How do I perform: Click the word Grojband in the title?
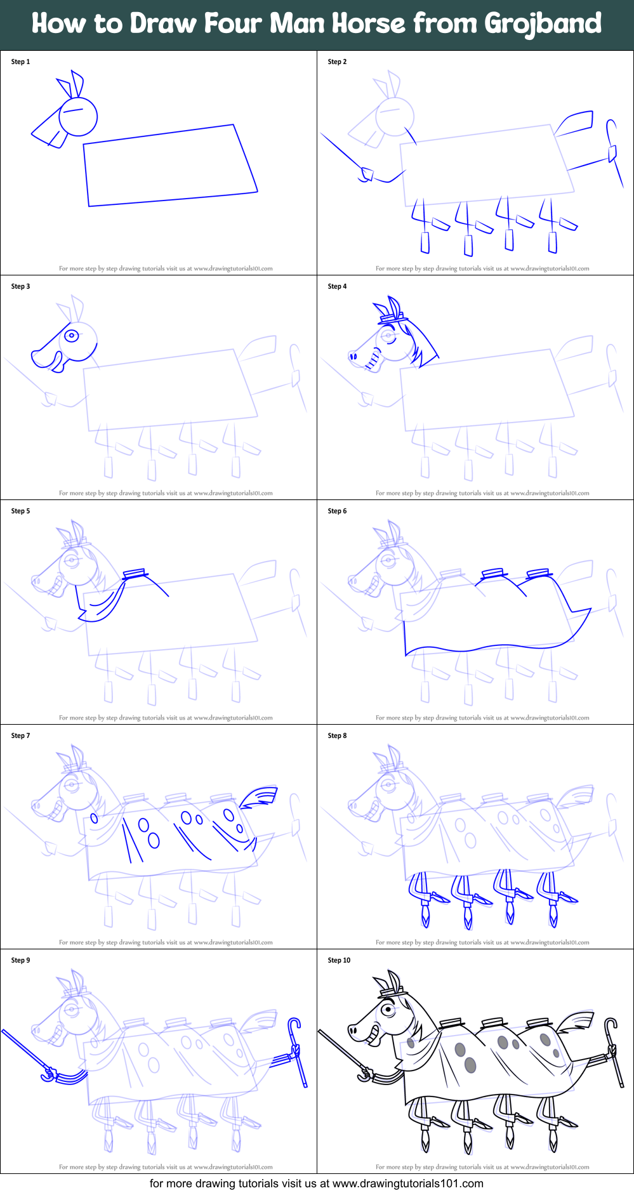543,23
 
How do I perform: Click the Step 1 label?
20,62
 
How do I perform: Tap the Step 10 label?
339,960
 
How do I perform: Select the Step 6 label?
337,511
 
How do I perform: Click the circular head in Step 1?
78,116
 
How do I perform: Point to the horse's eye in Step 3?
72,335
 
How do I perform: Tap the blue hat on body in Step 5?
135,574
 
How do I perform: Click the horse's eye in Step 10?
386,1009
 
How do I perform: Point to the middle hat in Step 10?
493,1023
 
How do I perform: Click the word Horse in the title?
369,23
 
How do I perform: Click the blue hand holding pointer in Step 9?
50,1074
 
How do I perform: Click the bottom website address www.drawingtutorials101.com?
407,1183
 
